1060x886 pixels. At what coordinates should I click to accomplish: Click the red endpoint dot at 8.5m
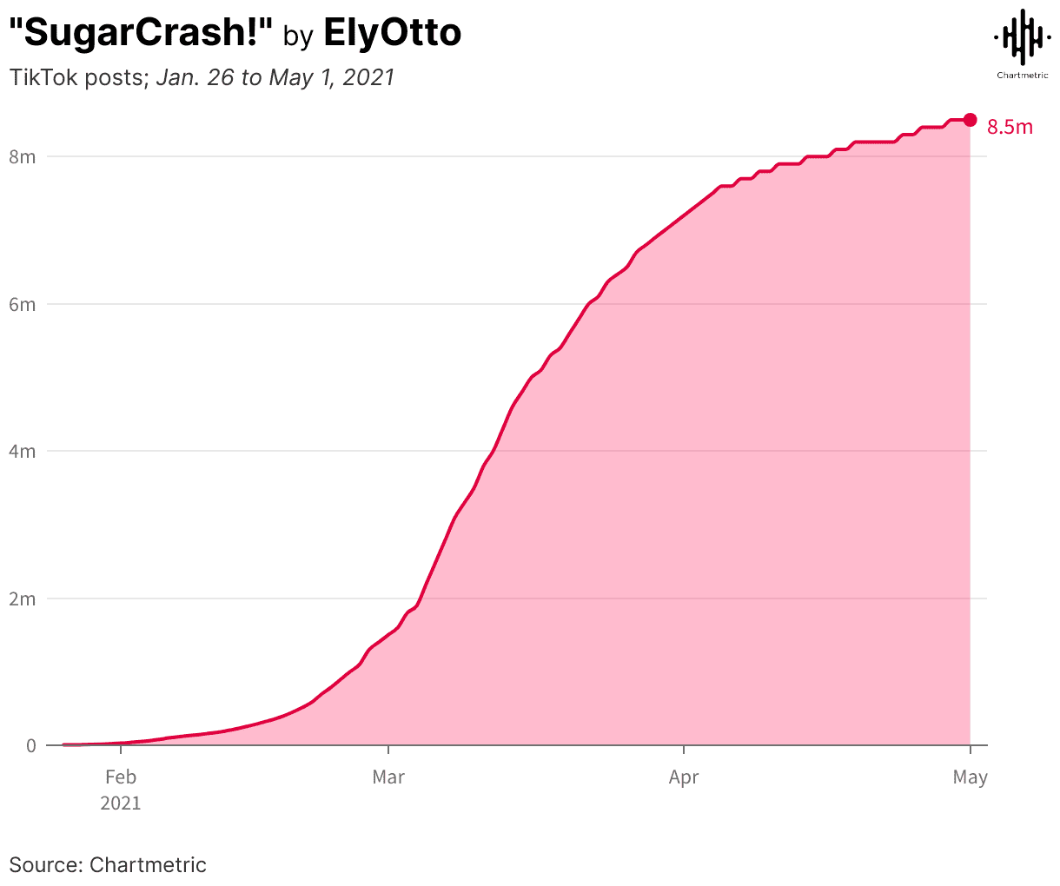click(970, 120)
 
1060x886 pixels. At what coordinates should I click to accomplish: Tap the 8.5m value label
click(1010, 128)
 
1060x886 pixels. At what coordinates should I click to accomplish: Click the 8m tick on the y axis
click(23, 157)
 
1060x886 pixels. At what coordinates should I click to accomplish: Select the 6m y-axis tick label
click(23, 304)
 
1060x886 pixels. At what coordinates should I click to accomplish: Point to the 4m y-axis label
click(23, 452)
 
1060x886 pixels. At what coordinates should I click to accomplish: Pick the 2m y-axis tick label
click(23, 598)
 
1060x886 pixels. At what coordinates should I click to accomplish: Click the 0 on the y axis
click(31, 745)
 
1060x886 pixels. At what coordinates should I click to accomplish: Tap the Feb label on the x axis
click(120, 777)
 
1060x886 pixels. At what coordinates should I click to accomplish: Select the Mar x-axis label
click(388, 777)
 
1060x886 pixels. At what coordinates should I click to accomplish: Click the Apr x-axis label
click(684, 777)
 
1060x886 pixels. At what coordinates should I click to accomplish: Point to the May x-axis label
click(970, 777)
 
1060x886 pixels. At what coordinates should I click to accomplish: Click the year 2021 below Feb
click(120, 803)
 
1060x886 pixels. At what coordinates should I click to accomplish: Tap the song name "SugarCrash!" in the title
click(141, 33)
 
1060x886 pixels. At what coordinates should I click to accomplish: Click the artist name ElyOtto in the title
click(392, 33)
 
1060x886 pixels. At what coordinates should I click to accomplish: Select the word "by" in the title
click(298, 36)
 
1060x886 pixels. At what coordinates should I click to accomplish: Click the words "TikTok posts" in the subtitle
click(76, 77)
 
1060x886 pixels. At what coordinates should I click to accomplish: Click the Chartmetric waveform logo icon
click(1022, 36)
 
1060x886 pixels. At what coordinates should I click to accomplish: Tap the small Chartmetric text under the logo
click(1022, 75)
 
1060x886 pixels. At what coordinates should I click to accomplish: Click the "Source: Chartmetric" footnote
click(108, 865)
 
